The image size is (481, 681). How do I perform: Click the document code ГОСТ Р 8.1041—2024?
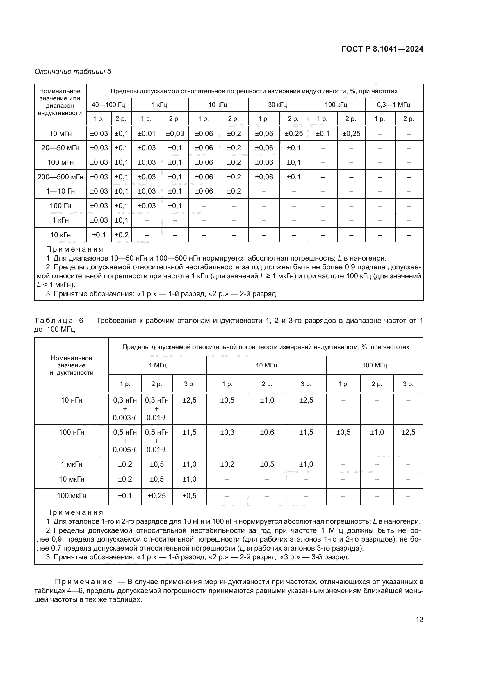pos(382,49)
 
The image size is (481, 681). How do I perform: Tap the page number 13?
pos(419,619)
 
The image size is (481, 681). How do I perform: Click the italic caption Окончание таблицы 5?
pos(73,72)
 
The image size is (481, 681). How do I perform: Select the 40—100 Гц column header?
pos(108,105)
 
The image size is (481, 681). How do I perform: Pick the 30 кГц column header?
pos(277,105)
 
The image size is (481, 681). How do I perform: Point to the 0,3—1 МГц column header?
pos(394,105)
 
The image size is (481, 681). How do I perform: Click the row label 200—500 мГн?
pos(60,177)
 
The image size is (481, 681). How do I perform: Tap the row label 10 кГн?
pos(60,235)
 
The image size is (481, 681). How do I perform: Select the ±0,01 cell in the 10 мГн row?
pos(147,133)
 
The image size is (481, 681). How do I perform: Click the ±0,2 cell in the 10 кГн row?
pos(122,235)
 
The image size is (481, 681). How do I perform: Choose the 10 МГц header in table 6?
pos(266,365)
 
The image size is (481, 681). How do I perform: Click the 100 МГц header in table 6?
pos(374,365)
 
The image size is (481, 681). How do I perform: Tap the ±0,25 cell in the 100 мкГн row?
pos(157,496)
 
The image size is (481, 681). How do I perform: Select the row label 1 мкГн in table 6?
pos(72,464)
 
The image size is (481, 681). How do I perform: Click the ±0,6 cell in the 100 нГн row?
pos(267,432)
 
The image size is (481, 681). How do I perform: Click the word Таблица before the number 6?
pos(54,320)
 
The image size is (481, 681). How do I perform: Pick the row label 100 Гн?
pos(60,206)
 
